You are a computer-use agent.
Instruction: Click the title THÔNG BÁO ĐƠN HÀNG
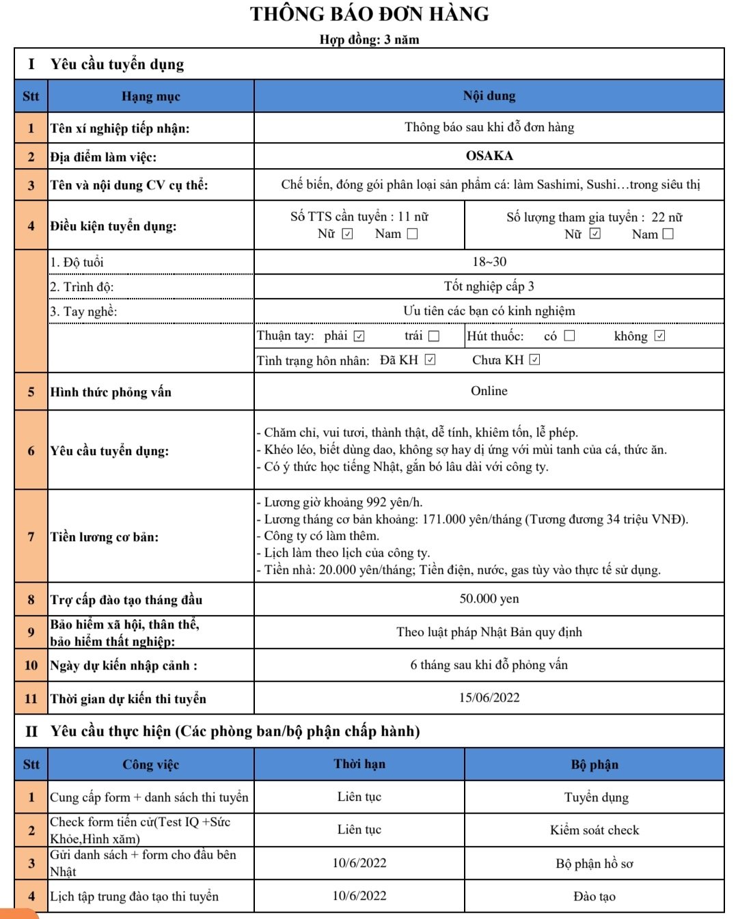tap(369, 14)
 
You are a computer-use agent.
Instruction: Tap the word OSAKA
tap(489, 156)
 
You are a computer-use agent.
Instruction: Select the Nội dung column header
tap(489, 96)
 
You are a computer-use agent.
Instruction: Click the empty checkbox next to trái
tap(434, 336)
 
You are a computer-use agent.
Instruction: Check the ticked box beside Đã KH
tap(430, 360)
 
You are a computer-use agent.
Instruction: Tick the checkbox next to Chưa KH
tap(534, 360)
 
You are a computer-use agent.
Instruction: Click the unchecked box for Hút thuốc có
tap(569, 336)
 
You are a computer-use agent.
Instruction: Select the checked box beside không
tap(659, 336)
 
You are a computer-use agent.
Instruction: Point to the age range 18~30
tap(489, 262)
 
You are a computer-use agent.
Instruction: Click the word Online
tap(489, 391)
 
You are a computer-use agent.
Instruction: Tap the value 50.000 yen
tap(489, 599)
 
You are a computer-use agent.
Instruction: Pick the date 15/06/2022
tap(489, 698)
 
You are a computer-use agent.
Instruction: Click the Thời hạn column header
tap(359, 764)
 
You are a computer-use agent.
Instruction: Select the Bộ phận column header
tap(594, 765)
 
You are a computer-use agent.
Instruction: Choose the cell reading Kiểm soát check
tap(594, 830)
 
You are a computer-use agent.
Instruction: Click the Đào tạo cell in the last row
tap(594, 896)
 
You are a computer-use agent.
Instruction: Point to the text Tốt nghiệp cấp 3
tap(489, 286)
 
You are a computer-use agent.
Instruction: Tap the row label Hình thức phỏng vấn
tap(111, 392)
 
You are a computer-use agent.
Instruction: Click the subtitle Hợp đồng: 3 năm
tap(369, 40)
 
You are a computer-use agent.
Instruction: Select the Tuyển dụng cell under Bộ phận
tap(596, 797)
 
